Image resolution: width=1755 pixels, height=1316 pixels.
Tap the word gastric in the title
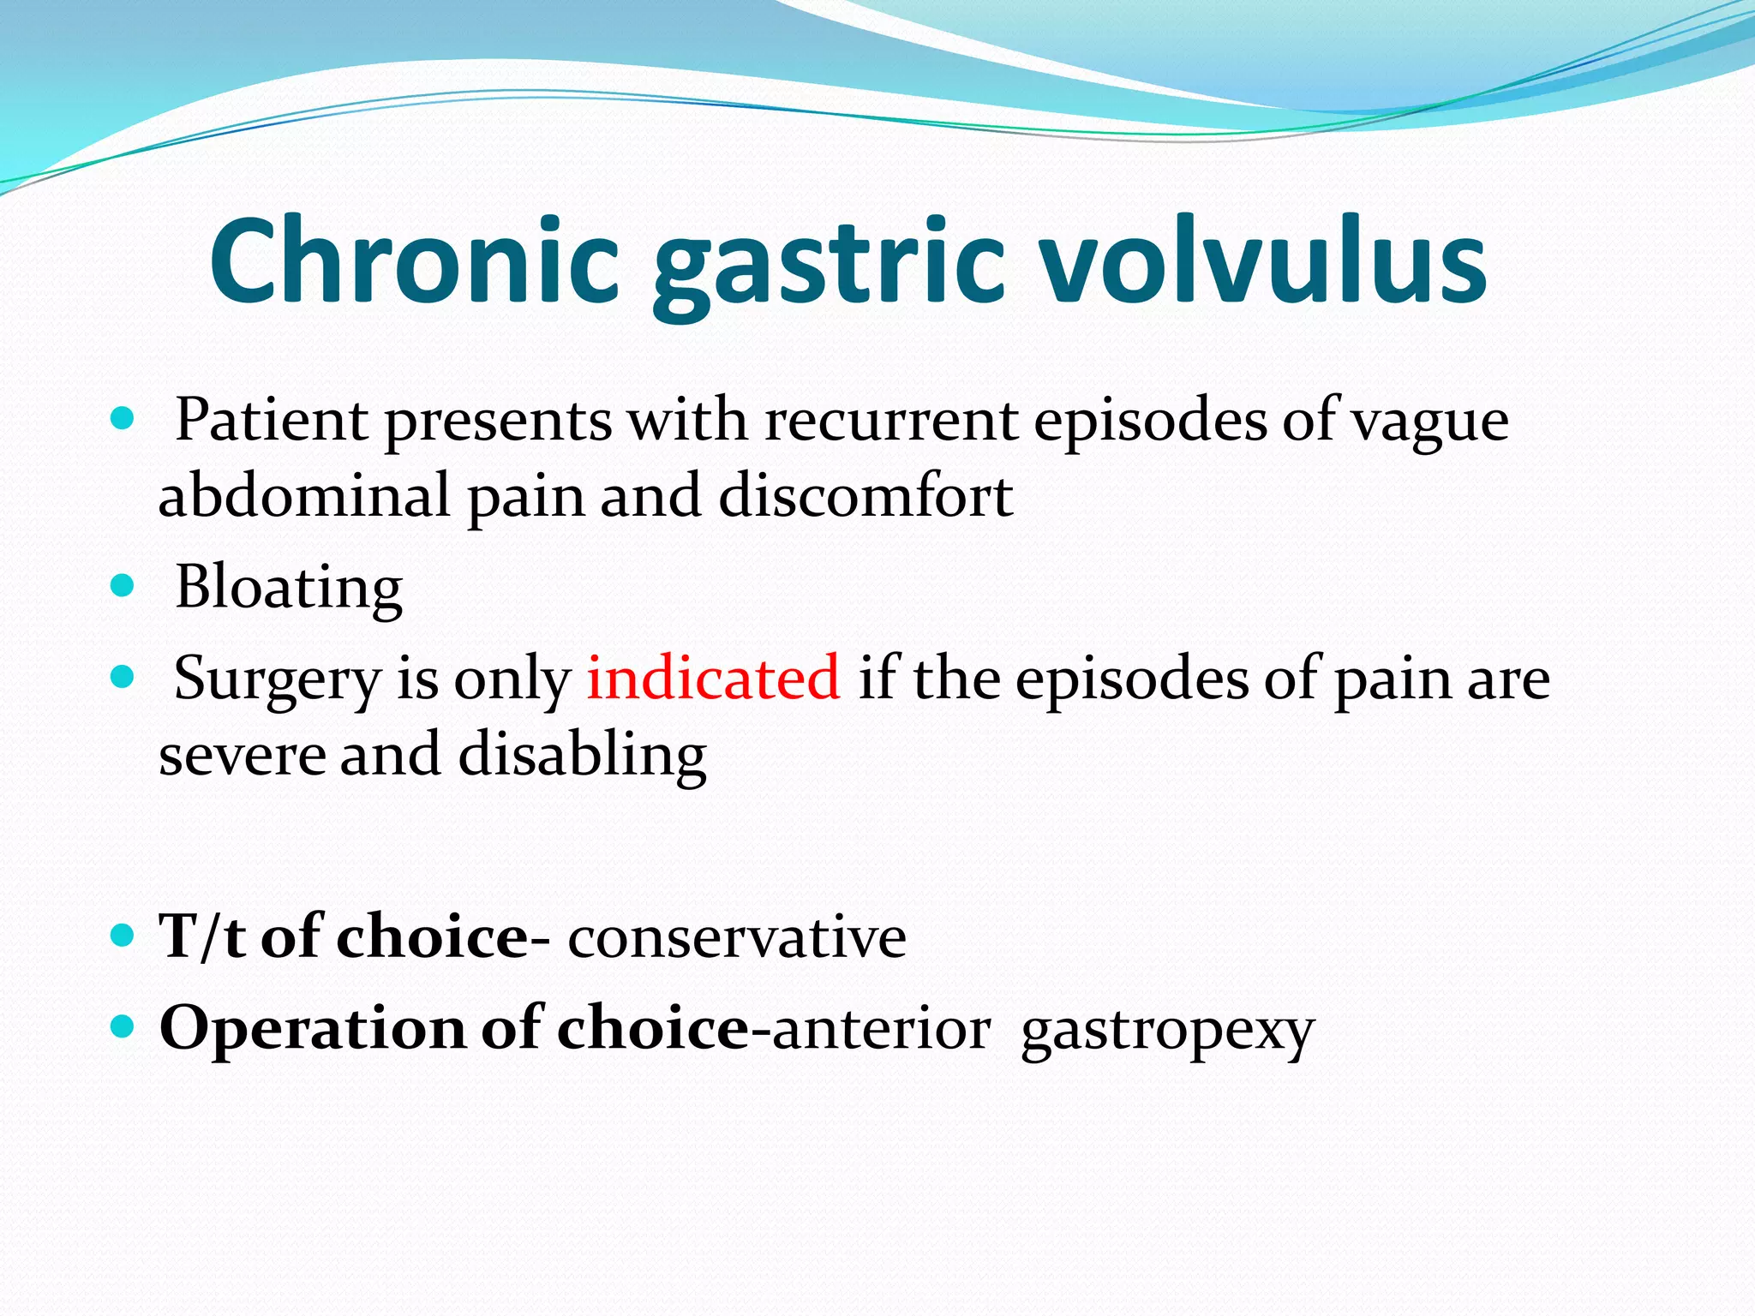pyautogui.click(x=827, y=266)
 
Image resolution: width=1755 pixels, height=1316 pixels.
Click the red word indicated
pyautogui.click(x=713, y=678)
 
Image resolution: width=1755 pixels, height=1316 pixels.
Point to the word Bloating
pyautogui.click(x=289, y=589)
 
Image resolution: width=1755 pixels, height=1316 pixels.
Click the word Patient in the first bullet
pyautogui.click(x=271, y=421)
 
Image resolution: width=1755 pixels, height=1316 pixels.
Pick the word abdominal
pyautogui.click(x=304, y=496)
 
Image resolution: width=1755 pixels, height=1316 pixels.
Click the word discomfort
pyautogui.click(x=866, y=496)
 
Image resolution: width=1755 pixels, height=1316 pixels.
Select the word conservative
pyautogui.click(x=737, y=936)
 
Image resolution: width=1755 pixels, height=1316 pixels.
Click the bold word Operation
pyautogui.click(x=313, y=1029)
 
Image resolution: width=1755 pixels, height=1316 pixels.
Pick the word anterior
pyautogui.click(x=881, y=1029)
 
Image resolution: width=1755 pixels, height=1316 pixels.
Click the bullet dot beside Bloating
pyautogui.click(x=123, y=586)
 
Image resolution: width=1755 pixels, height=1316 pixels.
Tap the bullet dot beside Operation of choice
pyautogui.click(x=123, y=1025)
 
